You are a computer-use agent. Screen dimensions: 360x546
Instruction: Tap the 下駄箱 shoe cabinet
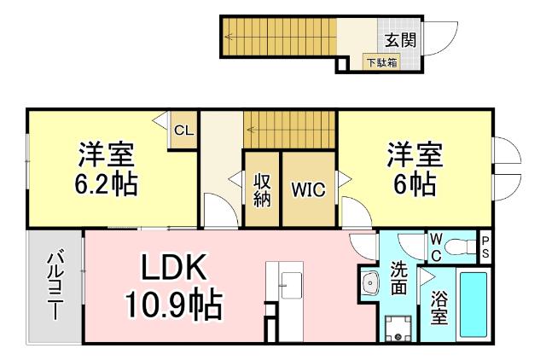tap(381, 61)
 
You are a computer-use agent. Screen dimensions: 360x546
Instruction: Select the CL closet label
tap(183, 131)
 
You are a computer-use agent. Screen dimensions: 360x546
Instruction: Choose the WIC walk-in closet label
tap(308, 189)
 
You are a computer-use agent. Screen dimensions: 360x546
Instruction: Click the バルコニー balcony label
tap(54, 285)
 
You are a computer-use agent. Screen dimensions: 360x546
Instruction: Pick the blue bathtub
tap(473, 304)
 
